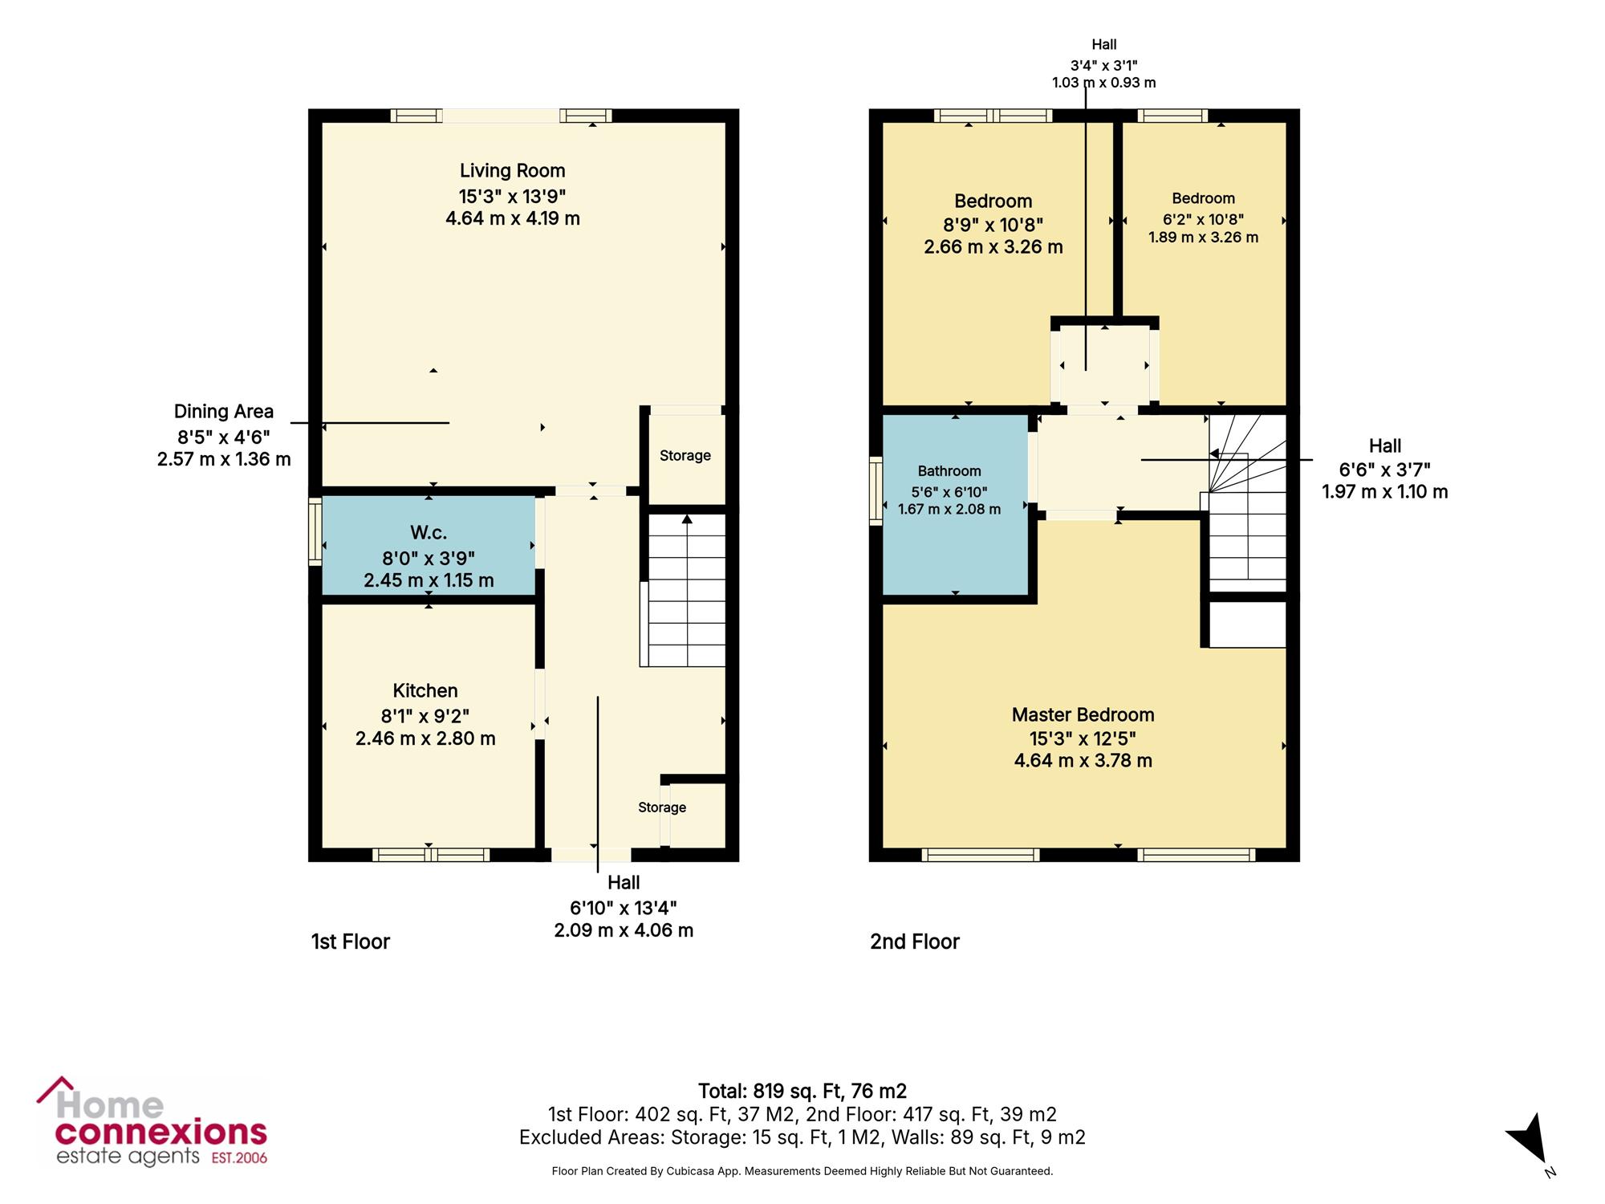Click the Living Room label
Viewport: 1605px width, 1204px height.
tap(512, 171)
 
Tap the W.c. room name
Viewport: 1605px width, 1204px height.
tap(429, 532)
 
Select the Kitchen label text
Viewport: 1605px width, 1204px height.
tap(425, 690)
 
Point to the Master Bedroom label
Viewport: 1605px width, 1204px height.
tap(1083, 714)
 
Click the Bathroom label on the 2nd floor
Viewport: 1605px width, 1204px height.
tap(949, 471)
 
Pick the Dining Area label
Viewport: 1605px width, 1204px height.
tap(224, 412)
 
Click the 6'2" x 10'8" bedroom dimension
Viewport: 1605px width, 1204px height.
tap(1203, 219)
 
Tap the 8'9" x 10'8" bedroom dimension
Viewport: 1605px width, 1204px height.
tap(993, 225)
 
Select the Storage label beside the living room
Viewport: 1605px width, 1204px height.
tap(685, 456)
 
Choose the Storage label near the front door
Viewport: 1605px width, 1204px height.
tap(662, 807)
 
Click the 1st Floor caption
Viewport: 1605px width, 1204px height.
tap(351, 942)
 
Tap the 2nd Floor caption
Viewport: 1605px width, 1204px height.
tap(915, 942)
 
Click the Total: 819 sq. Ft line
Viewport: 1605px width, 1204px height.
tap(802, 1091)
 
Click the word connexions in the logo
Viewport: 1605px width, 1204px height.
tap(160, 1133)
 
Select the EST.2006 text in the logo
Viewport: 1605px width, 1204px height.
tap(239, 1158)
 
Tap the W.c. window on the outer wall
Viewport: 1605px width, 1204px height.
tap(315, 531)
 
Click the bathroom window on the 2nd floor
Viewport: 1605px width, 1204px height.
tap(876, 490)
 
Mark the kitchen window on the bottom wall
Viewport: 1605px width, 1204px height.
tap(431, 855)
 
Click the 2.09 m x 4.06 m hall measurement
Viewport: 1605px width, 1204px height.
tap(624, 930)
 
